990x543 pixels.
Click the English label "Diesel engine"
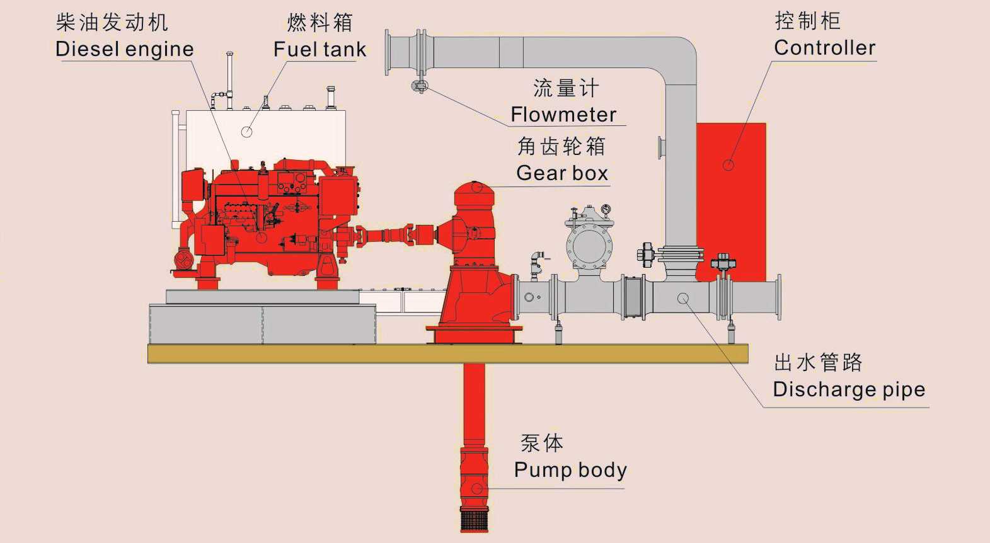125,49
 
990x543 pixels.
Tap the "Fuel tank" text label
319,49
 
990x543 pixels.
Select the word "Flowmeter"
563,115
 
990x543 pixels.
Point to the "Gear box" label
562,173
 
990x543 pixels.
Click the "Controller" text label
824,48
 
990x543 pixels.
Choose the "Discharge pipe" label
849,389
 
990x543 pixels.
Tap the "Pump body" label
570,470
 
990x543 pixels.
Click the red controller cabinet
731,195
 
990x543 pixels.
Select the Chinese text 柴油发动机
112,23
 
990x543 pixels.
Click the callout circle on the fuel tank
247,132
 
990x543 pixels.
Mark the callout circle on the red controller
728,165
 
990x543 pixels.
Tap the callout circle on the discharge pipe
683,298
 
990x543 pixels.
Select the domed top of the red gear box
475,188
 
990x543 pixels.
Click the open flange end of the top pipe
389,52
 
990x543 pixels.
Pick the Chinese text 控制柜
807,21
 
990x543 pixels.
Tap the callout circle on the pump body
477,489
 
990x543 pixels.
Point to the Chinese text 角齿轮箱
561,146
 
